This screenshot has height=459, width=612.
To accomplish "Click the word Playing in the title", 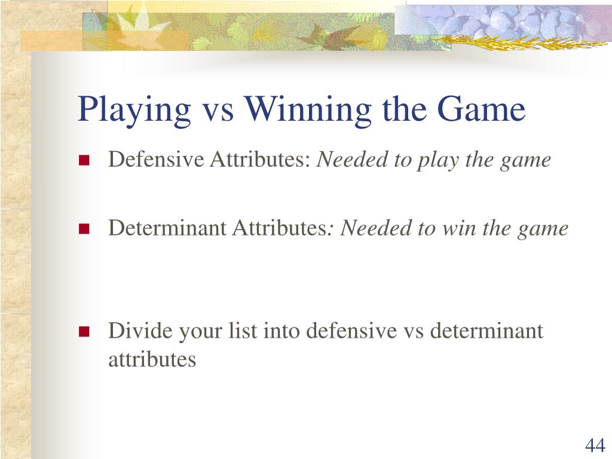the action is point(134,111).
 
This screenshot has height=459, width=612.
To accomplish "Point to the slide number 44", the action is point(595,445).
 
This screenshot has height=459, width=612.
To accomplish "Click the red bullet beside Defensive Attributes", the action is point(84,160).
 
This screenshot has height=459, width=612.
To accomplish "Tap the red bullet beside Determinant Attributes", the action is point(84,228).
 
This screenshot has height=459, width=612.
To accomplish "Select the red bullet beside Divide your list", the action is point(84,331).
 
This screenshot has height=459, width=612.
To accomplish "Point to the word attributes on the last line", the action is point(152,359).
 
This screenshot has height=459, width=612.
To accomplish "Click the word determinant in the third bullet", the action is point(486,331).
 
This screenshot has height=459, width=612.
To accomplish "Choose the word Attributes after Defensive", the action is point(260,159).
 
